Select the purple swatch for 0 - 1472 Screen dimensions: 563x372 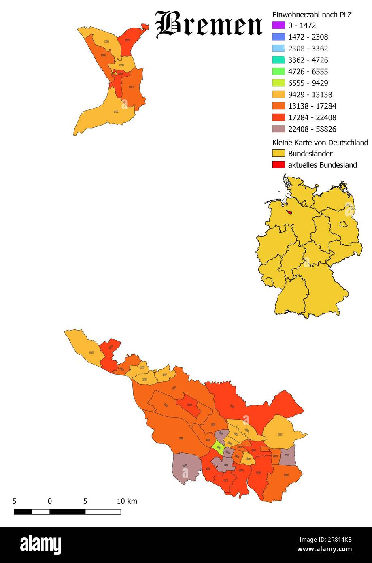point(278,26)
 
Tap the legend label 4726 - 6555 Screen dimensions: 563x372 point(308,72)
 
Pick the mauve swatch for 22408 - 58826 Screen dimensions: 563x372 point(278,129)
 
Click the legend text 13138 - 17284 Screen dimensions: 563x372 point(312,106)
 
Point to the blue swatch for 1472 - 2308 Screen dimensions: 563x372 point(278,37)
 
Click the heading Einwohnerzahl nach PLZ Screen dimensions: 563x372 point(312,15)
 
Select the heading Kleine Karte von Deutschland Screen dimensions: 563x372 point(320,142)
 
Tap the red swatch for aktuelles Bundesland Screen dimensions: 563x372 point(278,165)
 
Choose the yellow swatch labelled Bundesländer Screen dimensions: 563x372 point(278,154)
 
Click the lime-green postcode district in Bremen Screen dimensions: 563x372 point(218,448)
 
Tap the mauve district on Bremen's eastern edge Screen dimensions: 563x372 point(287,456)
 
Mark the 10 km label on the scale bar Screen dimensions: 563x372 point(127,501)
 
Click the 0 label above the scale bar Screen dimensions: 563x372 point(49,501)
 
